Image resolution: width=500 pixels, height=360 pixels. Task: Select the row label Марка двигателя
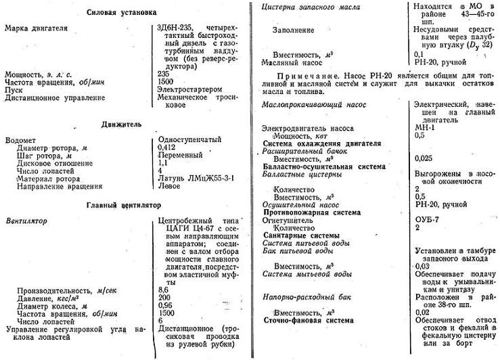click(x=35, y=32)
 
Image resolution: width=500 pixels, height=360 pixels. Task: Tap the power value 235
click(x=164, y=74)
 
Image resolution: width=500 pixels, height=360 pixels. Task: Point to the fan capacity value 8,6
click(x=163, y=289)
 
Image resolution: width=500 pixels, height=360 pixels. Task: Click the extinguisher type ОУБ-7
click(x=426, y=221)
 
